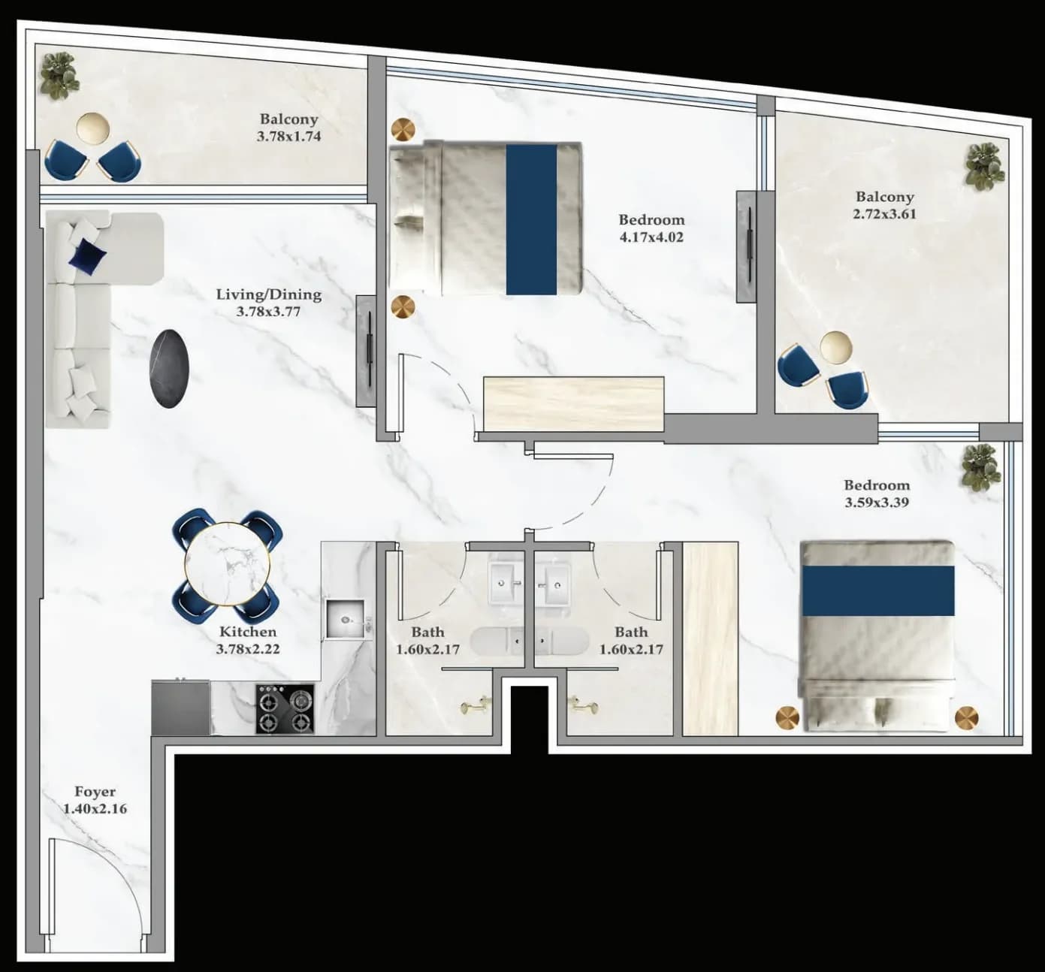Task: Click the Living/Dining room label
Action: click(x=269, y=294)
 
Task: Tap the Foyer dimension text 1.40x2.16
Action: click(x=95, y=809)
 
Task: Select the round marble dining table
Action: click(x=228, y=563)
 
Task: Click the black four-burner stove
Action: click(x=285, y=708)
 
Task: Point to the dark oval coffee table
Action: click(x=169, y=368)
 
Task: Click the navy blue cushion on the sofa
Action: click(x=87, y=255)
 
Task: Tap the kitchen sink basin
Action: click(x=345, y=619)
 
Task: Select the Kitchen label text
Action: click(x=248, y=631)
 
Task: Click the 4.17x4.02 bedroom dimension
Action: click(x=651, y=237)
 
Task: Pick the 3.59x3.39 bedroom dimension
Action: click(x=877, y=502)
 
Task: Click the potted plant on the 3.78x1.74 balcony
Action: click(x=59, y=76)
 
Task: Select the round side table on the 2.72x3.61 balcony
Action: click(x=835, y=347)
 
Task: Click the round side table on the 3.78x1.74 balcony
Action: click(x=93, y=128)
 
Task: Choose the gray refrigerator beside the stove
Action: click(x=180, y=708)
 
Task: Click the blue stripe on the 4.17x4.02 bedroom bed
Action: click(x=531, y=219)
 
